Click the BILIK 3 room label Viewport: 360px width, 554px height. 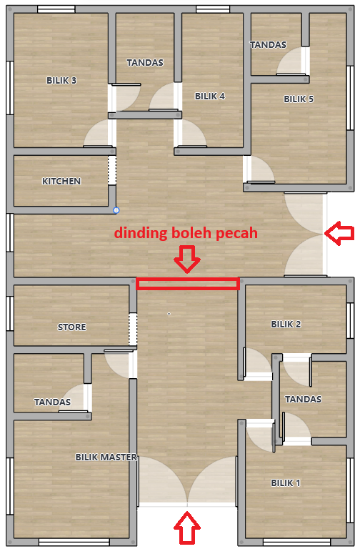(61, 81)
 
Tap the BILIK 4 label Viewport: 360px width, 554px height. (210, 96)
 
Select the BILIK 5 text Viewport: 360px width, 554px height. (299, 99)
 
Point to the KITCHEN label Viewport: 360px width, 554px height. (61, 182)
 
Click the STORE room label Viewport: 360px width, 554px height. (72, 327)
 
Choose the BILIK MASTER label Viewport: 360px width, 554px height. (106, 457)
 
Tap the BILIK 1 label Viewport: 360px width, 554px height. (286, 483)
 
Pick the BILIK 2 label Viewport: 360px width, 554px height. (286, 325)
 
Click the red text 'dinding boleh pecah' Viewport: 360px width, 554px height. (186, 233)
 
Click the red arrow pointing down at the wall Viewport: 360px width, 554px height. (187, 259)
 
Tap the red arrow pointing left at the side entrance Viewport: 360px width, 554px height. (339, 233)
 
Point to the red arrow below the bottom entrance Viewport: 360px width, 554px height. (187, 528)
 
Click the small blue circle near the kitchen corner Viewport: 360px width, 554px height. (116, 211)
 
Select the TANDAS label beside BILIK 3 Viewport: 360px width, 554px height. (145, 62)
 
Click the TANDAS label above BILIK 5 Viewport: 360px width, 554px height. (269, 45)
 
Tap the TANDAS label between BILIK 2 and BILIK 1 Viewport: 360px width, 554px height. (303, 400)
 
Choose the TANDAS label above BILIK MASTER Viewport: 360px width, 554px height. (52, 402)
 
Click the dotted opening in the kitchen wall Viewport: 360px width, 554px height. (112, 170)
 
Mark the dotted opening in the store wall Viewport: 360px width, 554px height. (133, 329)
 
